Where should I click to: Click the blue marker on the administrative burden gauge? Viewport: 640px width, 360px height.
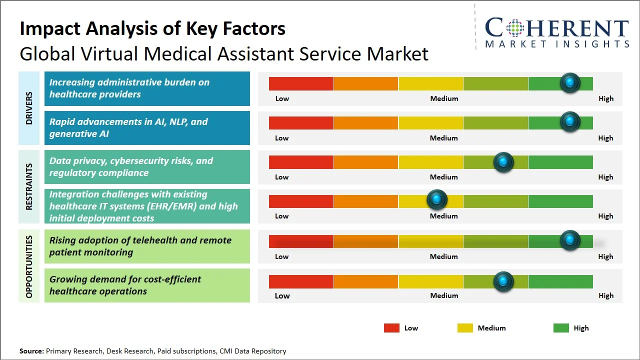pos(569,82)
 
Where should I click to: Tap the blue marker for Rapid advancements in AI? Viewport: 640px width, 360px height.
pos(569,121)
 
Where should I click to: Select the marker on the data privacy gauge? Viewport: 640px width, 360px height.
pos(503,162)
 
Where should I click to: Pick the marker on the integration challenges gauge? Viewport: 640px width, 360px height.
pos(437,199)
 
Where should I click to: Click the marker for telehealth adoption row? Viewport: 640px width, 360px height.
pos(569,240)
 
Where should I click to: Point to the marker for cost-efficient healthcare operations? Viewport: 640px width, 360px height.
pos(503,281)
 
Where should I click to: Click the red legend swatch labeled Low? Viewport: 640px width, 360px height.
pos(391,328)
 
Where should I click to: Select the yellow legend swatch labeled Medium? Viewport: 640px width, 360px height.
pos(465,328)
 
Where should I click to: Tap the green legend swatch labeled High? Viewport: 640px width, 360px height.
pos(561,328)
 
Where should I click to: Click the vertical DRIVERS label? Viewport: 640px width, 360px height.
pos(29,108)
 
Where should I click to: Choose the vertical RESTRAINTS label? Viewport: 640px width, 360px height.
pos(29,186)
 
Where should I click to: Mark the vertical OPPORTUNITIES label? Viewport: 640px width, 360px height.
pos(29,267)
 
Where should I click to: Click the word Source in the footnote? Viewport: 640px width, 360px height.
pos(31,351)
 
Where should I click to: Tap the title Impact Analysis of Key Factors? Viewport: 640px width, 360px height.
pos(152,29)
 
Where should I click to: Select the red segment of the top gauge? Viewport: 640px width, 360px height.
pos(301,83)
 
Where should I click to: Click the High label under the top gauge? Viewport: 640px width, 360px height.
pos(605,98)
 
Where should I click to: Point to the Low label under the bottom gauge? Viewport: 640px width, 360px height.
pos(282,295)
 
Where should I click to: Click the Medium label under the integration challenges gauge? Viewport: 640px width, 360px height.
pos(444,216)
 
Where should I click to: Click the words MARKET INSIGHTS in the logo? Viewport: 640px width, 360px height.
pos(557,44)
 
